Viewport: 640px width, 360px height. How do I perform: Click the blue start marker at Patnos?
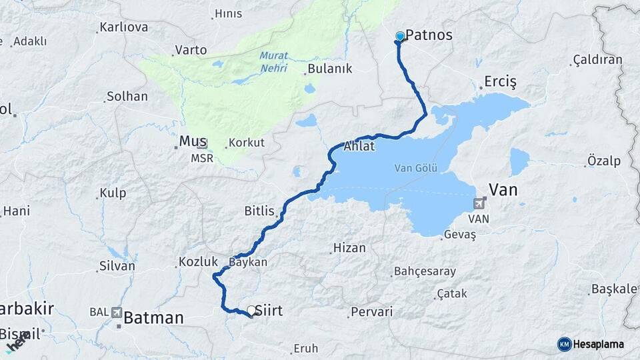pos(400,37)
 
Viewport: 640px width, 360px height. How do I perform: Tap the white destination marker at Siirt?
pos(251,310)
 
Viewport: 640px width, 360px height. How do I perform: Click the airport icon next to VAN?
pos(480,203)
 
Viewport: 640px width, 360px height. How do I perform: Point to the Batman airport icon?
pos(118,312)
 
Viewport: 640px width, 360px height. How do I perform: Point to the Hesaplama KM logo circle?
pos(565,344)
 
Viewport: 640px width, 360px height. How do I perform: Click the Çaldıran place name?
pos(598,60)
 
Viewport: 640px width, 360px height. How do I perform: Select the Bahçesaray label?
pos(425,271)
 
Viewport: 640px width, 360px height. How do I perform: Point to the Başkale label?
pos(614,289)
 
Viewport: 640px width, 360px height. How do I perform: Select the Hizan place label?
pos(349,248)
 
